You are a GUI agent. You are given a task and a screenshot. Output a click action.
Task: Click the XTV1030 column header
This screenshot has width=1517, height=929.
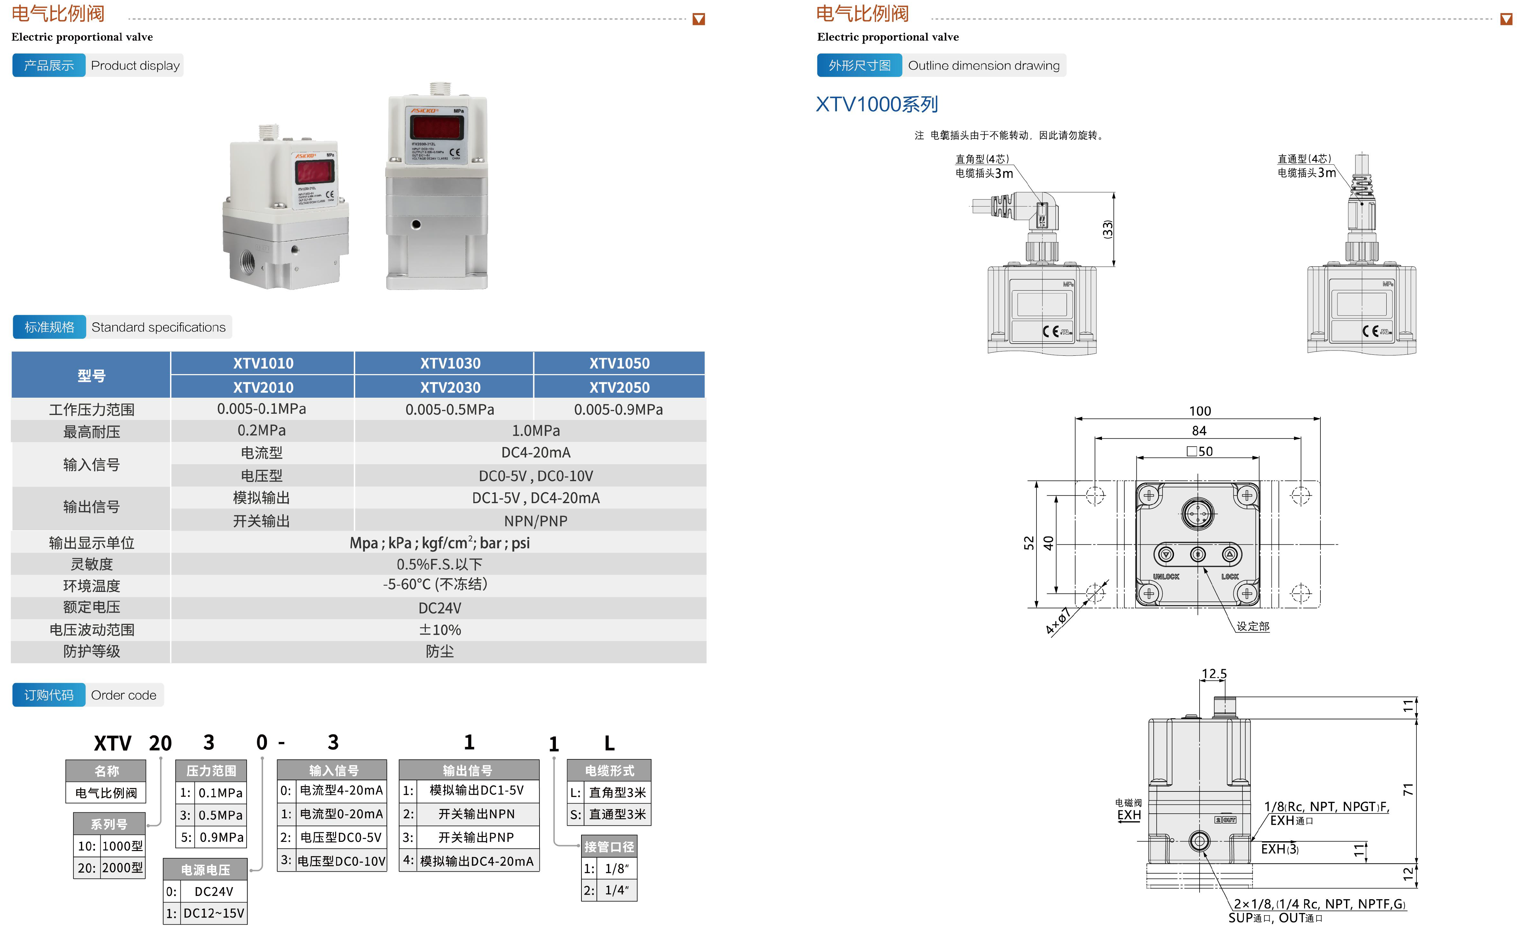pyautogui.click(x=450, y=363)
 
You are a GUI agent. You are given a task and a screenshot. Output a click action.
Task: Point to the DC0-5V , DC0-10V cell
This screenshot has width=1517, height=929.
pyautogui.click(x=536, y=476)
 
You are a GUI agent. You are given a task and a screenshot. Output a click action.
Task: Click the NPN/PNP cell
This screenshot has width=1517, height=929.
pyautogui.click(x=536, y=521)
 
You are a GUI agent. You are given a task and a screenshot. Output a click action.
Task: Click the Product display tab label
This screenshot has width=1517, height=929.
pyautogui.click(x=135, y=65)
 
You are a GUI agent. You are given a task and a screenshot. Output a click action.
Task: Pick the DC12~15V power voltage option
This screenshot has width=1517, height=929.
pyautogui.click(x=214, y=913)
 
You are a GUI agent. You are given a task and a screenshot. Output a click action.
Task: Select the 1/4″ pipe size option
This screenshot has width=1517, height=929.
pyautogui.click(x=616, y=890)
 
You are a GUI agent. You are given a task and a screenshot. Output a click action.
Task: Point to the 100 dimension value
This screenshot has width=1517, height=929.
pyautogui.click(x=1199, y=411)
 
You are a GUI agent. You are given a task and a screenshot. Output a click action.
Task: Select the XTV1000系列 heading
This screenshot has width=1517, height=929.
pyautogui.click(x=877, y=104)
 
